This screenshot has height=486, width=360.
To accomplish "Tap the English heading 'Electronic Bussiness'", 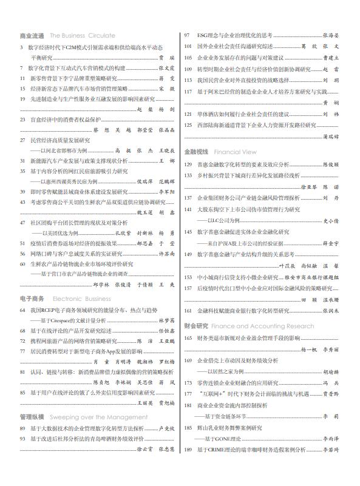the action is (82, 299).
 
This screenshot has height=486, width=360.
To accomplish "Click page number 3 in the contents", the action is (22, 46).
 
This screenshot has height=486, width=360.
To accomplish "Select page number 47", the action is (23, 223).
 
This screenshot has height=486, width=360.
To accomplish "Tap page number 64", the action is (23, 310).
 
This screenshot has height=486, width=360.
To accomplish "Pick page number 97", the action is (188, 35).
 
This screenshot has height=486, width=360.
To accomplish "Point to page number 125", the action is (189, 125).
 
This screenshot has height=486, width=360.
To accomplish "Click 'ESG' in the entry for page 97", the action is (202, 35).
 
